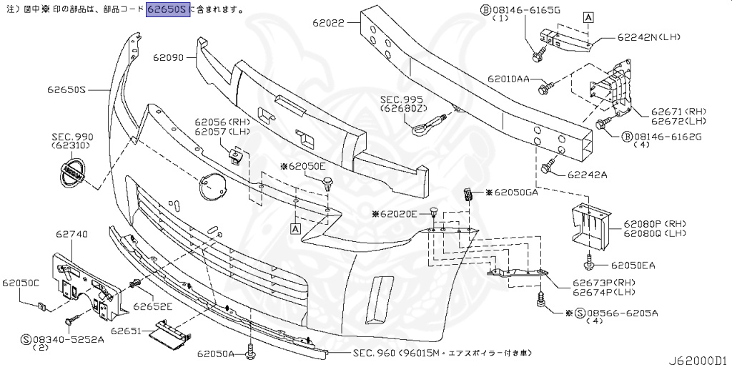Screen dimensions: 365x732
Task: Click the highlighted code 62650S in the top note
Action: (x=169, y=10)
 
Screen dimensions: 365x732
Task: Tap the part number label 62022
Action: (x=328, y=23)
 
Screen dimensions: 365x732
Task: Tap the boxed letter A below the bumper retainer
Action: (x=295, y=228)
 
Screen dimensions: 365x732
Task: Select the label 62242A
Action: (x=588, y=174)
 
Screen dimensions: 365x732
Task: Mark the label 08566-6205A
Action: (x=623, y=313)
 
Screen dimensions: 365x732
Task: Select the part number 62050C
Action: (x=20, y=283)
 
